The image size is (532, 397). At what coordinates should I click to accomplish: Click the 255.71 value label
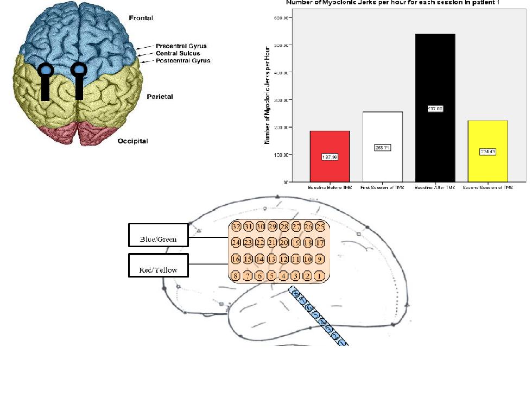tap(382, 147)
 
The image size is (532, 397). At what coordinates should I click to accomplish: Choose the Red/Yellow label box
tap(158, 269)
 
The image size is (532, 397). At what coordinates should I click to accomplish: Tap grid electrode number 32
tap(236, 226)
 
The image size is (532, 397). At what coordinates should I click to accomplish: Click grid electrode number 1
tap(320, 276)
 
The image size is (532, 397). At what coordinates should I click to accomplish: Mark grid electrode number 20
tap(284, 242)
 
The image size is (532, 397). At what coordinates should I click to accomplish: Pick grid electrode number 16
tap(236, 259)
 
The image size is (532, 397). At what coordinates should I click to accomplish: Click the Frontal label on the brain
tap(141, 18)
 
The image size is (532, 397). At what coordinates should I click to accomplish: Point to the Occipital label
tap(133, 141)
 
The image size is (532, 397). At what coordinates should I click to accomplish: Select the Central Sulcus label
tap(178, 53)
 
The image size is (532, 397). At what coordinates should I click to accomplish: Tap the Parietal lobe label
tap(160, 97)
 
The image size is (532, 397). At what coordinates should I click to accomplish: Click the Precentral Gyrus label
tap(181, 46)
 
